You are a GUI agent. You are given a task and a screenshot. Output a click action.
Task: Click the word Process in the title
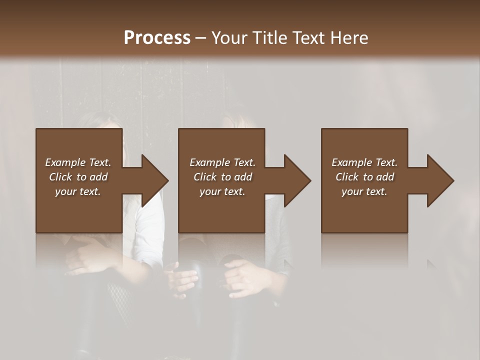coord(157,38)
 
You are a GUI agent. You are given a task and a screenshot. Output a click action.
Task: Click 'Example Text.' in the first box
coord(78,162)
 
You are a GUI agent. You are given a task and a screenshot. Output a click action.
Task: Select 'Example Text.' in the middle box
coord(222,162)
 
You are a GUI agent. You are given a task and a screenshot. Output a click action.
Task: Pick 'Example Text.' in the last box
coord(364,162)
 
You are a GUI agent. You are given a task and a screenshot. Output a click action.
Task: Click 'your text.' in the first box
coord(78,191)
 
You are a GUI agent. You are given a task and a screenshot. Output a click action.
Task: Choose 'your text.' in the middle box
coord(222,191)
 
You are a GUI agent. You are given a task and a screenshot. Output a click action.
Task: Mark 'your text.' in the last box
coord(364,191)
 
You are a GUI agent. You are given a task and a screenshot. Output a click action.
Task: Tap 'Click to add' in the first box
coord(78,177)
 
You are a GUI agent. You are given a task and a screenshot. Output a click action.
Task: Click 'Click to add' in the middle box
coord(222,177)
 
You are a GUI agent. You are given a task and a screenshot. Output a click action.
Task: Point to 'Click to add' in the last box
coord(364,177)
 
